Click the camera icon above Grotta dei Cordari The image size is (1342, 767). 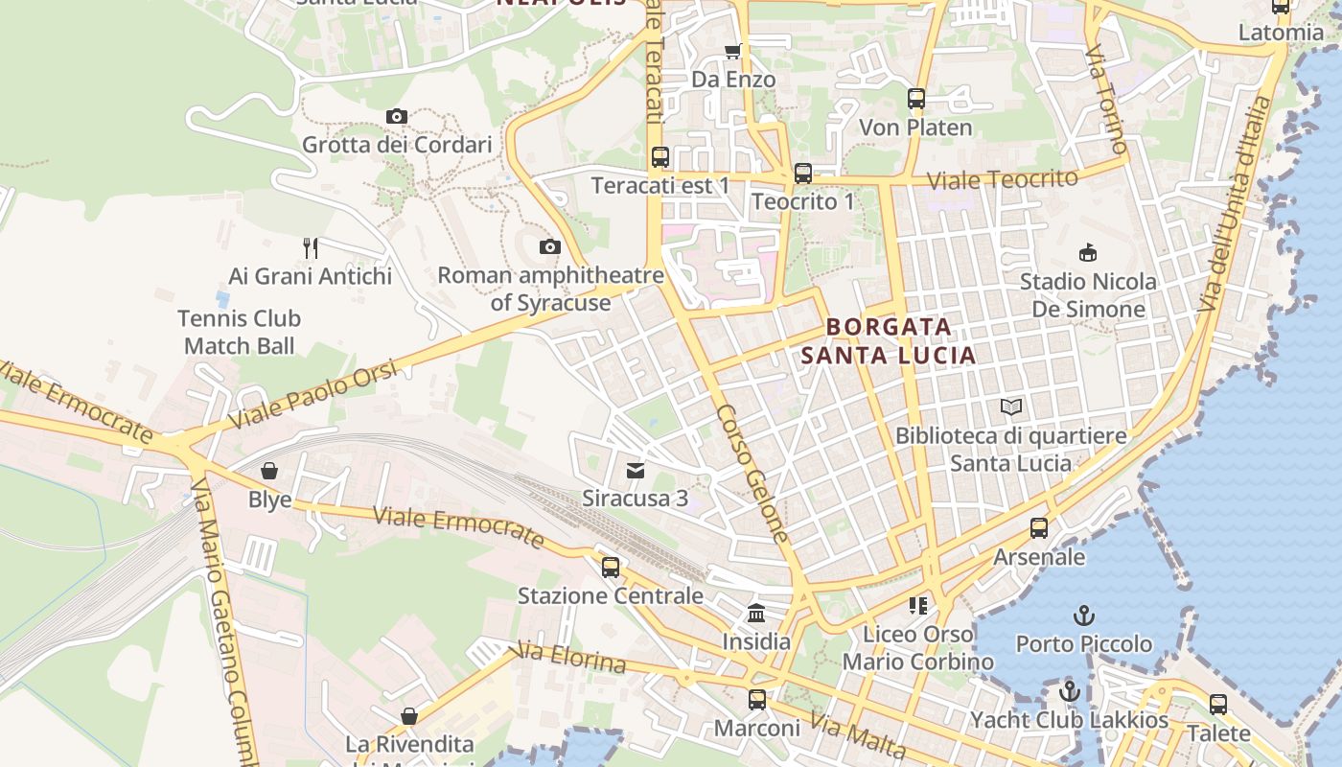click(397, 117)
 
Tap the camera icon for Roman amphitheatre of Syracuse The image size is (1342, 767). click(550, 247)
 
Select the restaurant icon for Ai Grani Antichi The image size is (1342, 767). click(311, 248)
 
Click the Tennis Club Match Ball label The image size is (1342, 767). click(240, 332)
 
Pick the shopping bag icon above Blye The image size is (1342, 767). click(269, 472)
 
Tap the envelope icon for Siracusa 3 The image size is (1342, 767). click(636, 471)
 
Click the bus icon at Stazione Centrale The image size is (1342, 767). click(611, 568)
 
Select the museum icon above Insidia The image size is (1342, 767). click(756, 614)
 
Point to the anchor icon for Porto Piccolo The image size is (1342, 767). click(1084, 616)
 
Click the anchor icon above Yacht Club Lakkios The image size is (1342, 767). click(1070, 691)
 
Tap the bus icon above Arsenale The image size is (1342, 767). click(1039, 528)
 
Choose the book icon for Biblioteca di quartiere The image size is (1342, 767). click(1011, 407)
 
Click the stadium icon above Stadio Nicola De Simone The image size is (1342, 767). click(1088, 253)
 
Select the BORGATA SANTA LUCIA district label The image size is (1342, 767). click(889, 341)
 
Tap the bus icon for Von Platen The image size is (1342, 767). click(916, 99)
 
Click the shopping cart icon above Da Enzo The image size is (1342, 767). click(733, 51)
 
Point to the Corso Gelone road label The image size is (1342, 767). click(752, 474)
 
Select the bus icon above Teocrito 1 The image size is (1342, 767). click(803, 174)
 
